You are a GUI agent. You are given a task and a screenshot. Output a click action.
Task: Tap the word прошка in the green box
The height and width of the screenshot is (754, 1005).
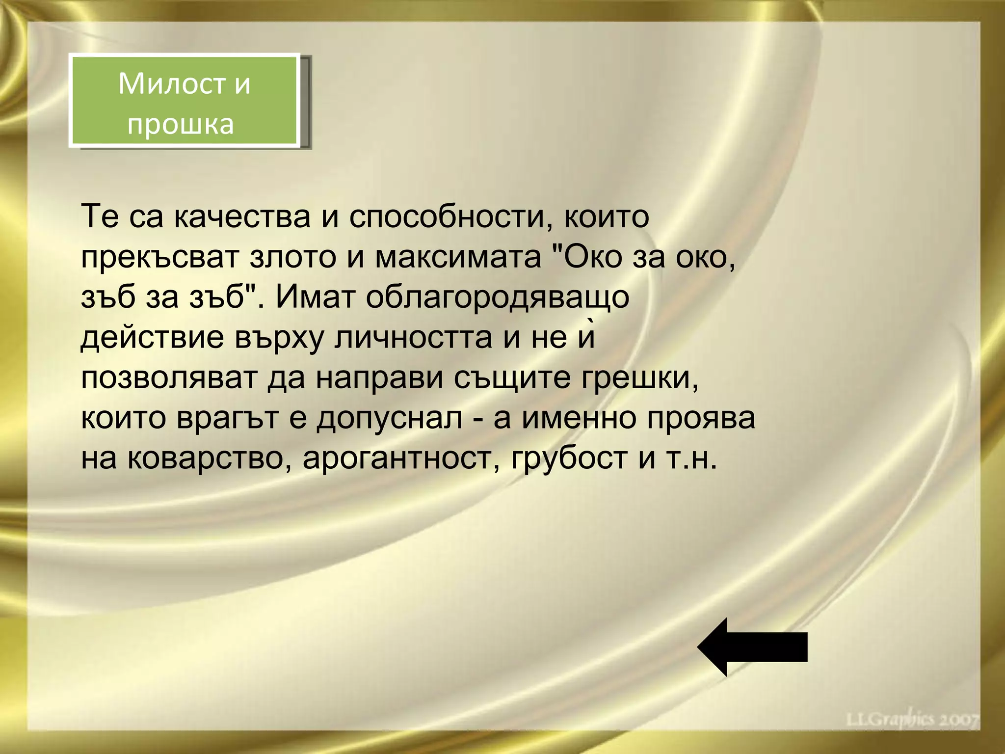coord(181,123)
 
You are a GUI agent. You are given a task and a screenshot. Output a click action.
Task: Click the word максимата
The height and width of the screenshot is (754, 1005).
coord(458,258)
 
